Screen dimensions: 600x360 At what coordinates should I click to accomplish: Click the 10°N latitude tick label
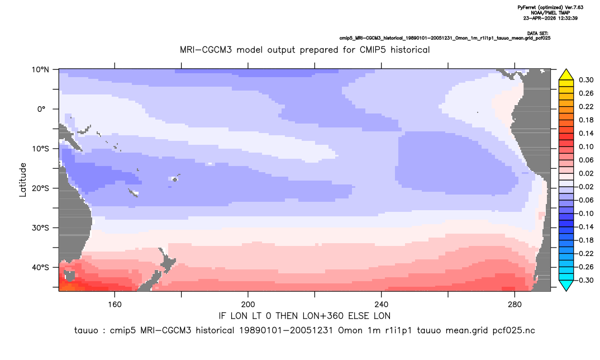point(40,70)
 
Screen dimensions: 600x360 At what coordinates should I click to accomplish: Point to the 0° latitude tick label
point(41,109)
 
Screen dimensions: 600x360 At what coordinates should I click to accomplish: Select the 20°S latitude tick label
point(40,188)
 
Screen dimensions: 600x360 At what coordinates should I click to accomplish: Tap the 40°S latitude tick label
point(40,267)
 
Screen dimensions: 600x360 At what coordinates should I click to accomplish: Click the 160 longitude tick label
point(115,305)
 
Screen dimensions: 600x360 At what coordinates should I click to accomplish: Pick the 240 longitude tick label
point(382,305)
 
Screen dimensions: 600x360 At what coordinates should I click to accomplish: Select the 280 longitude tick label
point(515,305)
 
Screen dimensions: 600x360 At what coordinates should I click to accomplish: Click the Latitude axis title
point(23,180)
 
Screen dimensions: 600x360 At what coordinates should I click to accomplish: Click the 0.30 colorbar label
point(586,80)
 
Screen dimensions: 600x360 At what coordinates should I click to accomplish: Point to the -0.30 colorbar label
point(584,280)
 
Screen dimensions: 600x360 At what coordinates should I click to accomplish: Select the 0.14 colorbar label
point(586,133)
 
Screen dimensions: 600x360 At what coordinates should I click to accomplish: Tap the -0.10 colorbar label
point(584,214)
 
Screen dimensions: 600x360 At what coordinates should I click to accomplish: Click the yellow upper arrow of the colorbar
point(566,75)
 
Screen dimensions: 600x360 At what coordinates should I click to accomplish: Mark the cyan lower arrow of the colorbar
point(566,285)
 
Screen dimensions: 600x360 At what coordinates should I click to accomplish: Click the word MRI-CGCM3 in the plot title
point(206,50)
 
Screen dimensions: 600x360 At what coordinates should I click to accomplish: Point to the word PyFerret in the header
point(526,8)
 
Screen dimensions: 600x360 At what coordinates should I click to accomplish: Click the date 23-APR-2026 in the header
point(537,18)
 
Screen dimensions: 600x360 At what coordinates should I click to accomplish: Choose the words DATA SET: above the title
point(537,34)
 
